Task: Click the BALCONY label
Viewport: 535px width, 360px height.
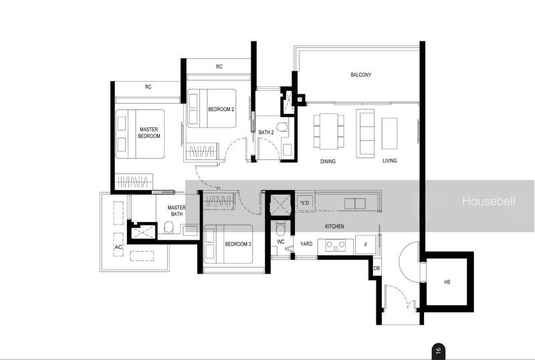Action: coord(360,75)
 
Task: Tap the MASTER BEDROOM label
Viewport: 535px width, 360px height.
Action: coord(148,132)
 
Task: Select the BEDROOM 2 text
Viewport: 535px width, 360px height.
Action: coord(221,109)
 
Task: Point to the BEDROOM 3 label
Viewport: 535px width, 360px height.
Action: coord(238,244)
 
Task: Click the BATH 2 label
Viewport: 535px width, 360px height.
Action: coord(265,132)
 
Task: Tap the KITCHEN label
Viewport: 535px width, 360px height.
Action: coord(334,226)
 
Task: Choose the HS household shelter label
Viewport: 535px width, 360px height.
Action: coord(447,282)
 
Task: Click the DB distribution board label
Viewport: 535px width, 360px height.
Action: coord(377,268)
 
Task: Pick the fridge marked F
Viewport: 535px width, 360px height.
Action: coord(365,244)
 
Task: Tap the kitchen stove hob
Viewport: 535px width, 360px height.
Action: coord(335,245)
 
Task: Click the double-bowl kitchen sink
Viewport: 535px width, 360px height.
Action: coord(355,203)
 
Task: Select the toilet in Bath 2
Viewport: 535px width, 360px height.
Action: coord(282,127)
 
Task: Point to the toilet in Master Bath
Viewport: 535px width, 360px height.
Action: coord(169,227)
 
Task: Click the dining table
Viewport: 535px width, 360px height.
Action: coord(328,132)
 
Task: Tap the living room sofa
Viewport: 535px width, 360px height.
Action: coord(365,134)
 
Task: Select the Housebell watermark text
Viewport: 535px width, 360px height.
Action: coord(489,201)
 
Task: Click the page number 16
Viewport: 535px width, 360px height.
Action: coord(438,351)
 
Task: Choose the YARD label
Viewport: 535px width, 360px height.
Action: coord(306,244)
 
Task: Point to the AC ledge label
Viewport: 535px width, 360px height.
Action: coord(118,247)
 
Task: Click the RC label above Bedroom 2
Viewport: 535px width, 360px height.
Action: coord(219,67)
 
